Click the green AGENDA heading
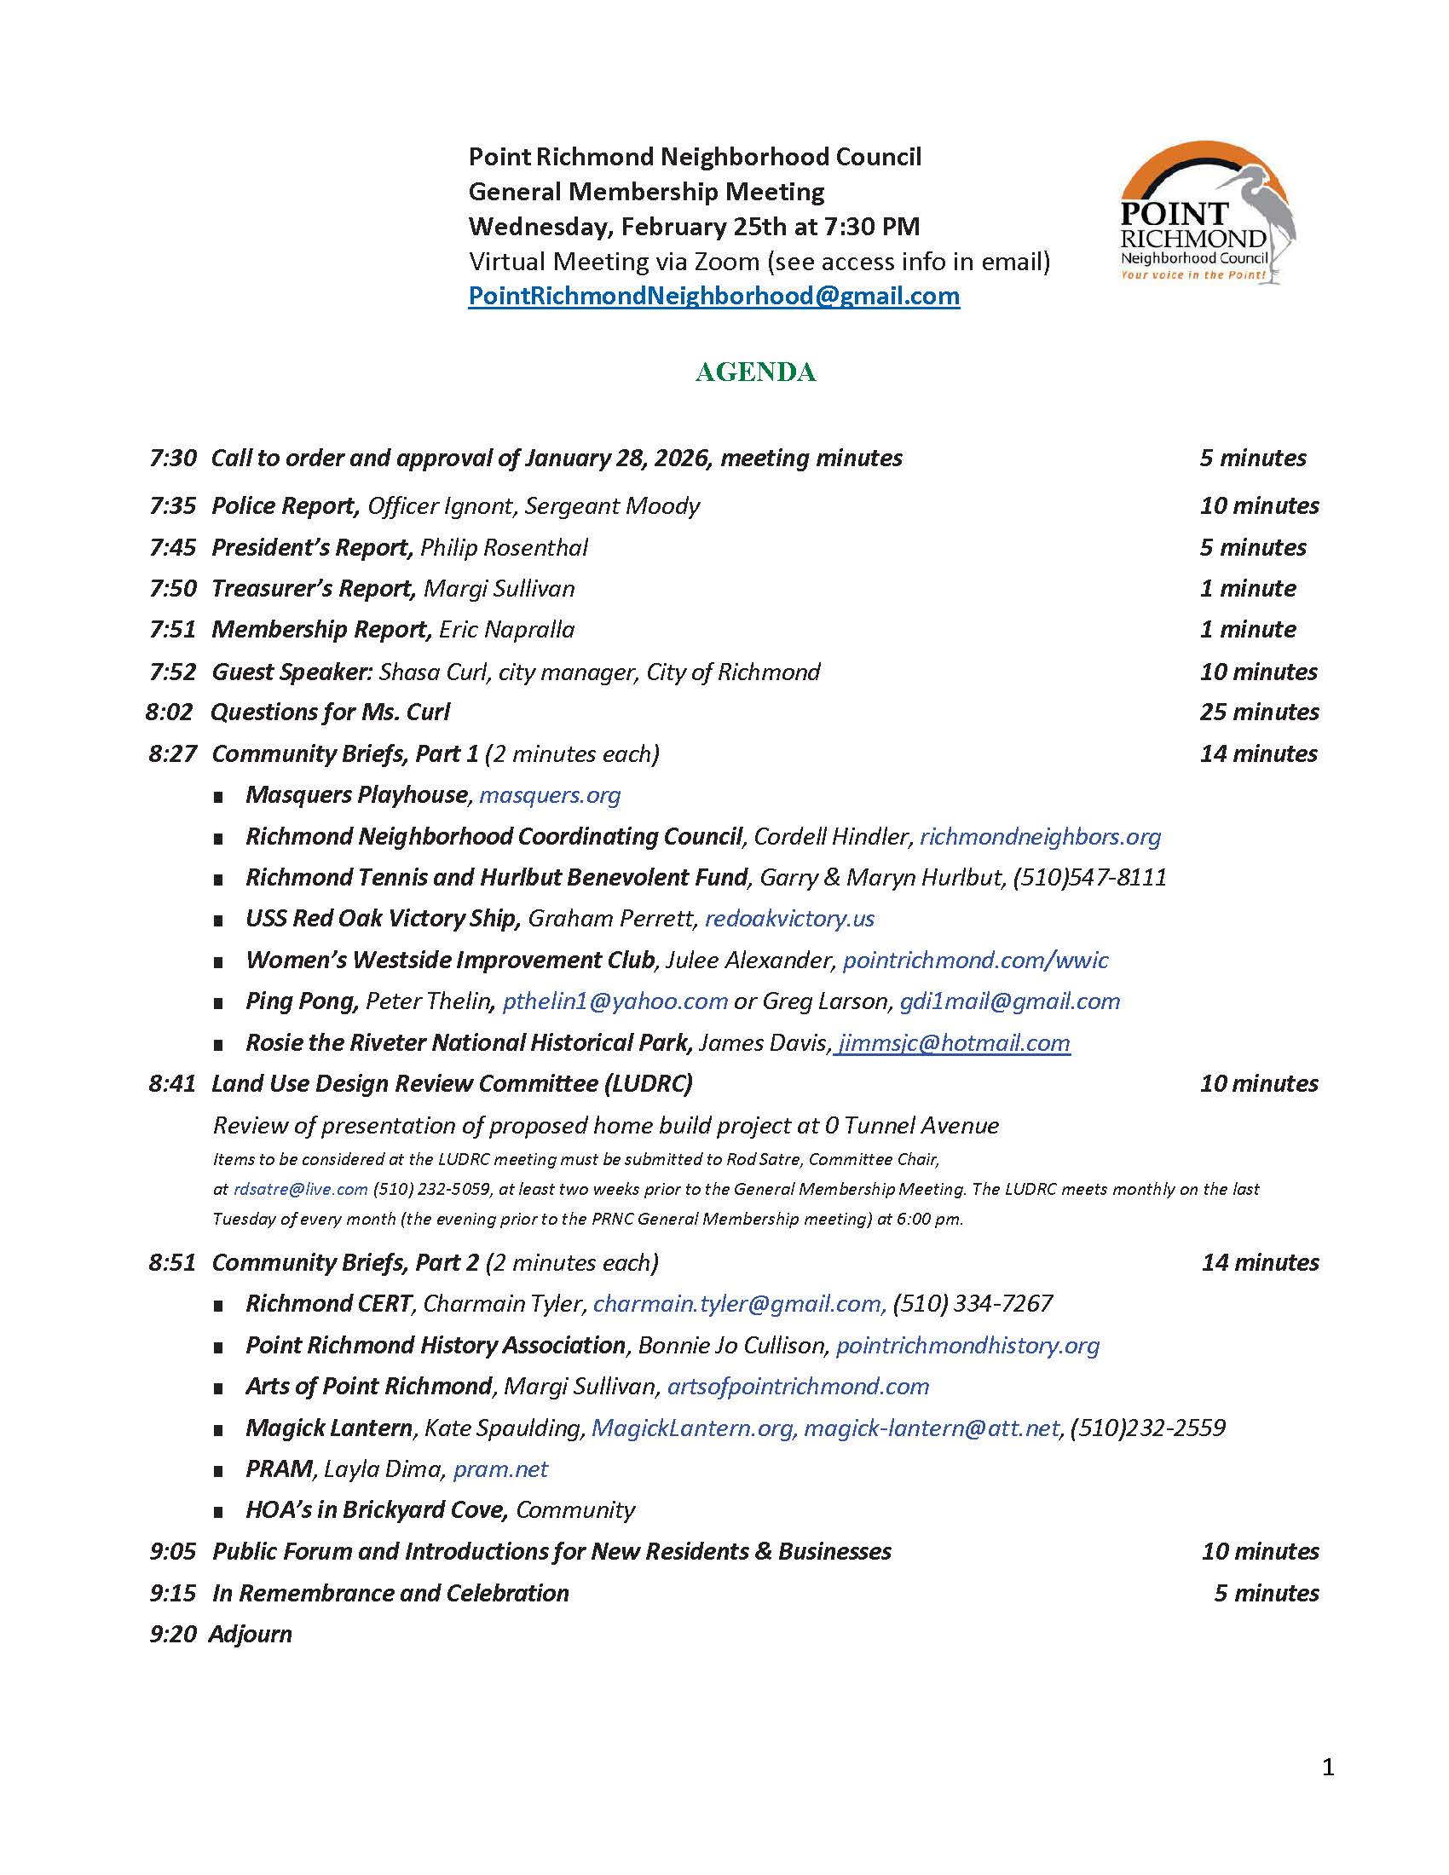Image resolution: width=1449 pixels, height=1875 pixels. (x=754, y=372)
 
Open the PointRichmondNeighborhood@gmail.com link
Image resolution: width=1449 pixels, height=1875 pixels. (x=713, y=297)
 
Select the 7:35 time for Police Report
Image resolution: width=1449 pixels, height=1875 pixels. (x=172, y=505)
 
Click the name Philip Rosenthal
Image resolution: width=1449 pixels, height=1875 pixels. (x=504, y=548)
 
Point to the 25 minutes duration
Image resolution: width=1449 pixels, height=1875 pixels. (x=1258, y=712)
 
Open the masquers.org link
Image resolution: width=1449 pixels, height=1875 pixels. (x=550, y=795)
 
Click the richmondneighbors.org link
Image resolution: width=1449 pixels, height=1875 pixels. (x=1040, y=836)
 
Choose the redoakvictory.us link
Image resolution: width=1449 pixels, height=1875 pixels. (x=789, y=919)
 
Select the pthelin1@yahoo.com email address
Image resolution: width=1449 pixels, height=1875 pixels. (x=615, y=1001)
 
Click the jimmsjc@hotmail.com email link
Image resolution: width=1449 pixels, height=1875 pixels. (x=954, y=1042)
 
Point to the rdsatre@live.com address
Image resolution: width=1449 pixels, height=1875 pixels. (x=300, y=1189)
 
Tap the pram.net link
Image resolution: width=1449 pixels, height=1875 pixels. (x=500, y=1469)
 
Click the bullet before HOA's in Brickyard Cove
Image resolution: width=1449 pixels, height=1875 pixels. (x=219, y=1512)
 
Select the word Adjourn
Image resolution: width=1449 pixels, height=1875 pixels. (x=250, y=1634)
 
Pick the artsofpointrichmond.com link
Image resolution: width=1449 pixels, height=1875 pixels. (x=798, y=1387)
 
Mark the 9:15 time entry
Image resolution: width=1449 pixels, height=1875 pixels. (x=172, y=1594)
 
